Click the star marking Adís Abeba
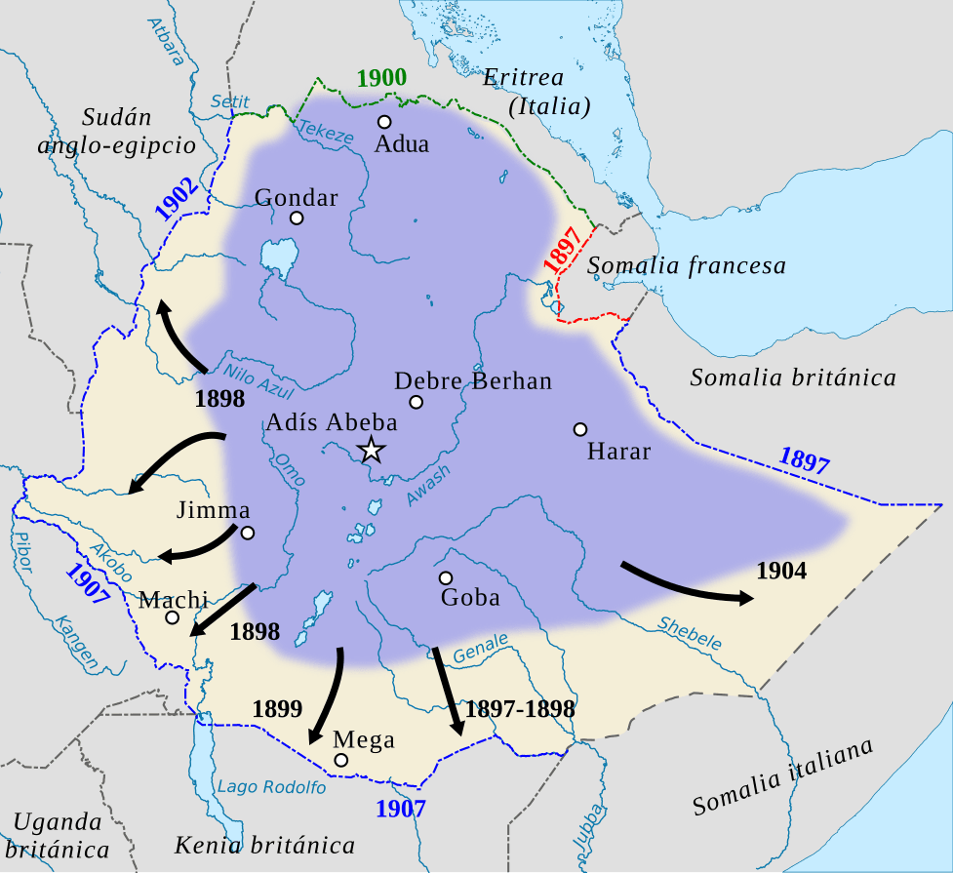click(371, 451)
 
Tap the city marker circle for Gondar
click(297, 218)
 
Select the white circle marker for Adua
click(384, 122)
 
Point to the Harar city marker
click(580, 429)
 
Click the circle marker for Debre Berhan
click(417, 402)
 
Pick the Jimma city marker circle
click(248, 533)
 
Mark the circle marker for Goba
click(446, 577)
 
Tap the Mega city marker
click(340, 760)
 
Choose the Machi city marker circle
click(173, 617)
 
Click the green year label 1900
click(382, 79)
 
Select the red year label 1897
click(564, 250)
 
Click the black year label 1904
click(781, 571)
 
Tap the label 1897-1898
click(520, 708)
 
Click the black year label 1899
click(277, 708)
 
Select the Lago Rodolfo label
click(271, 787)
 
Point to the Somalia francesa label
click(686, 265)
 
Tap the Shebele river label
click(690, 633)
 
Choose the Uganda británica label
click(59, 834)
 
